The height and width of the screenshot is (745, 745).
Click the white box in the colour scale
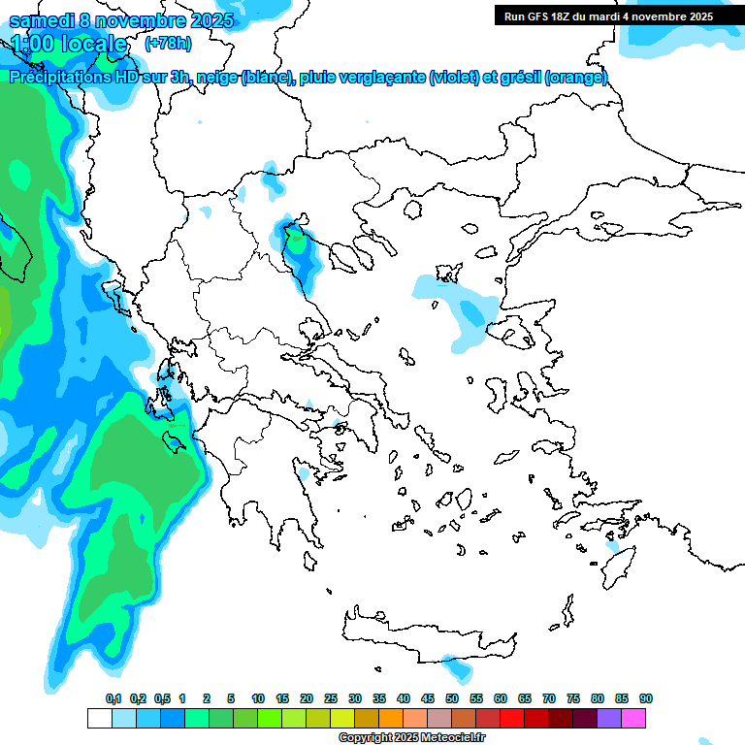tap(99, 718)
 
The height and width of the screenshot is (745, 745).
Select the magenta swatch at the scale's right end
tap(633, 718)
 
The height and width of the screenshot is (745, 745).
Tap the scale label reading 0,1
tap(113, 698)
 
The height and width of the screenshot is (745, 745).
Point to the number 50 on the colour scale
tap(452, 698)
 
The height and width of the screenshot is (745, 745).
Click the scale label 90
tap(646, 698)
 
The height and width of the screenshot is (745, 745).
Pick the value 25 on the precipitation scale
tap(331, 698)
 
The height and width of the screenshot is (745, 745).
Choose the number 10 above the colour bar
tap(258, 698)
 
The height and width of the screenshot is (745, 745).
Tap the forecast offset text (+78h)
tap(168, 43)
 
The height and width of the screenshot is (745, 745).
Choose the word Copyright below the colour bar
tap(363, 738)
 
